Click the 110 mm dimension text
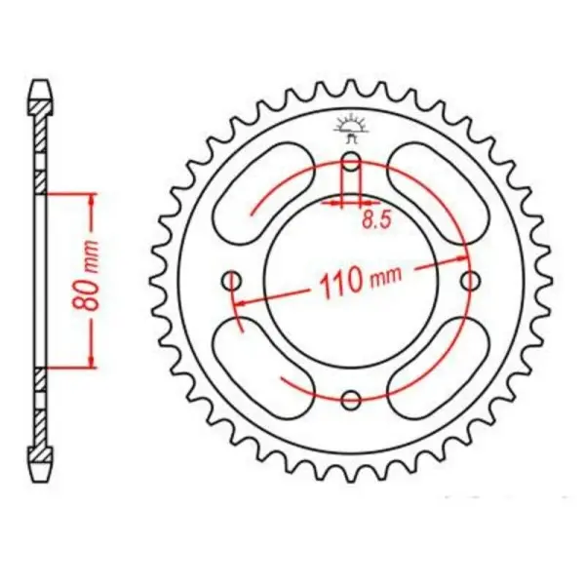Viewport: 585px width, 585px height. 357,284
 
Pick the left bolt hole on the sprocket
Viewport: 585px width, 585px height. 232,281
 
